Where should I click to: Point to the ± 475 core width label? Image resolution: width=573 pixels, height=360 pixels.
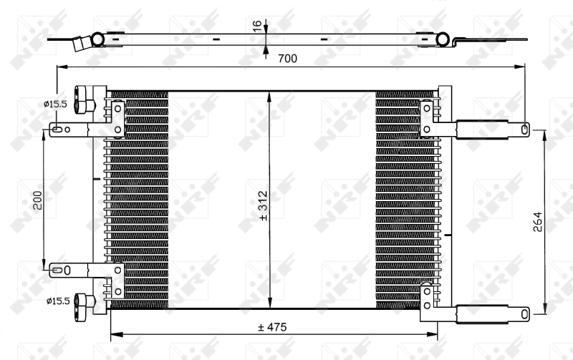271,327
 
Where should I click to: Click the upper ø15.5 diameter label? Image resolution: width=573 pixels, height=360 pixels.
55,104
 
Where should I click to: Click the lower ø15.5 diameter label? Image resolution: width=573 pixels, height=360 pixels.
55,301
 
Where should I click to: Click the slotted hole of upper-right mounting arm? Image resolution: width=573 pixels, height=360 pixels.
525,130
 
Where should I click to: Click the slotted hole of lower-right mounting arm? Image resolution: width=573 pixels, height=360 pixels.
525,313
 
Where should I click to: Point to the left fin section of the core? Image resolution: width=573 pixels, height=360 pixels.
136,200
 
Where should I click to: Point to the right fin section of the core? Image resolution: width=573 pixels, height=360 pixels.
405,200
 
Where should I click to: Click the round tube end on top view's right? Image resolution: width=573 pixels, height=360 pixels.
443,39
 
